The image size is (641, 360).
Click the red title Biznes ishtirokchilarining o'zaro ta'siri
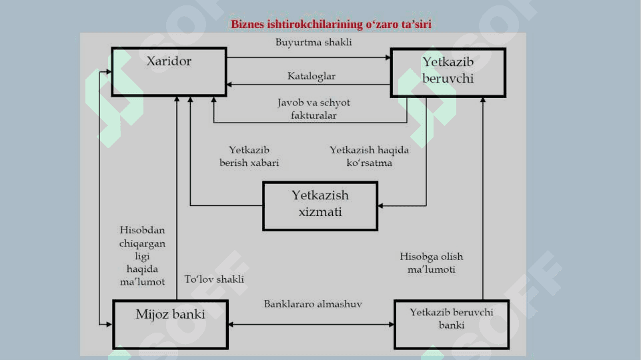[331, 24]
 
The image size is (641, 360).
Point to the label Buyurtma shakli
[313, 42]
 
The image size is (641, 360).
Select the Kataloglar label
[311, 76]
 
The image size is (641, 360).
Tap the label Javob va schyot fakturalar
[314, 109]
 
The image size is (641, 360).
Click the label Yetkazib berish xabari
[249, 156]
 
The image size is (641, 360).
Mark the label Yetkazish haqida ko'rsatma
[369, 156]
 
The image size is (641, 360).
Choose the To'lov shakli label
[214, 279]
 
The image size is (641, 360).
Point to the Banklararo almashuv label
[313, 304]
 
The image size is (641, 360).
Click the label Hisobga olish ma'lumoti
[432, 263]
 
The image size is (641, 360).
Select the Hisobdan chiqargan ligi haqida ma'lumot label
[142, 256]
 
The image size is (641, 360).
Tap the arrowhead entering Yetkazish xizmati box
[380, 206]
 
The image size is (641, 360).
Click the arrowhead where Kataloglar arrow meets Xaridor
[229, 85]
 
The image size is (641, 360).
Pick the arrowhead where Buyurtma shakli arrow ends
[388, 57]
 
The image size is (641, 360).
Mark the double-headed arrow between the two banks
[311, 325]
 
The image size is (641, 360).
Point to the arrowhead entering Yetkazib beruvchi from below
[483, 100]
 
